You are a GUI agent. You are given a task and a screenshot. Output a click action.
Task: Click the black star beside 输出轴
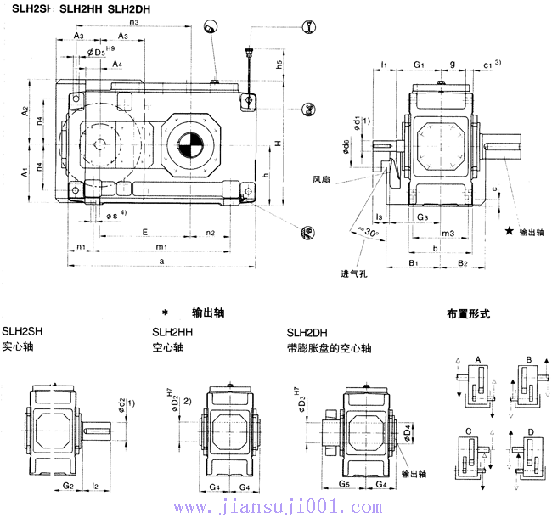pos(509,231)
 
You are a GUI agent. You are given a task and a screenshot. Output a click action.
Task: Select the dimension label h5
pos(279,65)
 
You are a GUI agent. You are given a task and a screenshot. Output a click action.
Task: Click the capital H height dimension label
pos(277,144)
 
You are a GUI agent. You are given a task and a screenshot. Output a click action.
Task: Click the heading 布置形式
pos(468,313)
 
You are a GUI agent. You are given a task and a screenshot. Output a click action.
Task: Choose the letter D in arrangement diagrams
pos(532,432)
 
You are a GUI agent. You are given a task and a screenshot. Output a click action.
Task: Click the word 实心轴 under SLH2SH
pos(18,347)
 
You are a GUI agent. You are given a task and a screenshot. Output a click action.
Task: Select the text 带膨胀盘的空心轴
pos(329,348)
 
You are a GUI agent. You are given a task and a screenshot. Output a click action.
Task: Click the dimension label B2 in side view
pos(463,264)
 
